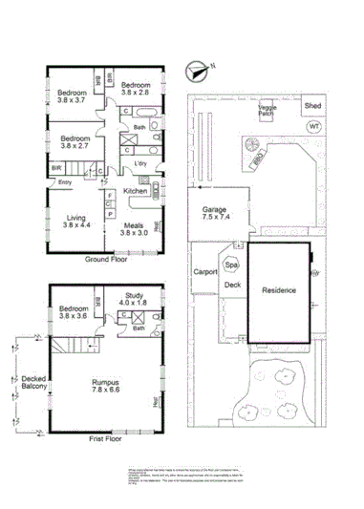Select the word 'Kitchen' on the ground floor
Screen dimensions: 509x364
pos(136,191)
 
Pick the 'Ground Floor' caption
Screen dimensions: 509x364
pos(107,259)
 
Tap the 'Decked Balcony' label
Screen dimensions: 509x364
pos(33,384)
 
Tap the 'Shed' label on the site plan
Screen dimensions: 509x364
pos(313,106)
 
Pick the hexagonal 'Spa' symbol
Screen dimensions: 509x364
pos(231,265)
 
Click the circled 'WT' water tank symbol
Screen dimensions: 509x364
pos(314,127)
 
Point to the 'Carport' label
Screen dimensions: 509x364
pos(205,272)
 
